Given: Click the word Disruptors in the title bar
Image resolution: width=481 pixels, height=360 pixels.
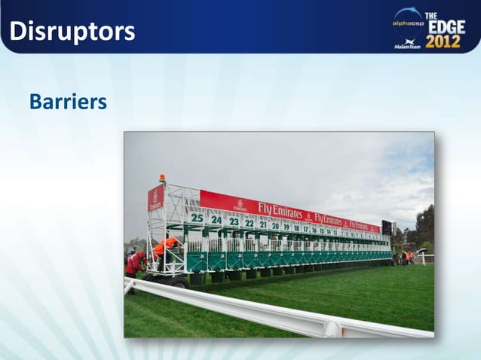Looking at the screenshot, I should [x=72, y=32].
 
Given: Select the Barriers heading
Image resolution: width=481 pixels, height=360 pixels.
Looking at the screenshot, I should [x=68, y=101].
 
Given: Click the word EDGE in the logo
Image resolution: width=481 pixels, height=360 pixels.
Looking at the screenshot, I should [x=447, y=26].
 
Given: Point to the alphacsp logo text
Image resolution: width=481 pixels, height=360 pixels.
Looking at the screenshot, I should [x=408, y=23].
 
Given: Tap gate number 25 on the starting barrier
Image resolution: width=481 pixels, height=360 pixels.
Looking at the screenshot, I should [x=196, y=218].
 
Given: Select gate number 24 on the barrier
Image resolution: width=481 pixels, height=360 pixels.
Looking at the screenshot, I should [x=216, y=220].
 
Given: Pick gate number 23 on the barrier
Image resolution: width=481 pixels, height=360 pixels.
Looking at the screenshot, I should [x=234, y=222].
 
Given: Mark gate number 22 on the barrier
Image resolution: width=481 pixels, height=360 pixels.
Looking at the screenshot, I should [x=249, y=223].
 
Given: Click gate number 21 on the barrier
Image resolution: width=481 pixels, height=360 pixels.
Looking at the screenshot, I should [x=262, y=224].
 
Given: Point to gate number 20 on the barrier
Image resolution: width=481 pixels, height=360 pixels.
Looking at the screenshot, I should [x=275, y=225].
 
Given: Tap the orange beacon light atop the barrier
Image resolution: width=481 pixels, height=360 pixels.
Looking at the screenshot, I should [x=161, y=178].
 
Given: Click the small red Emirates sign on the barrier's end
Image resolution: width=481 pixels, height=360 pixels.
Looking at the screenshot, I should [x=155, y=199].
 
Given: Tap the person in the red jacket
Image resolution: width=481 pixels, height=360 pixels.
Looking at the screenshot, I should [x=136, y=263].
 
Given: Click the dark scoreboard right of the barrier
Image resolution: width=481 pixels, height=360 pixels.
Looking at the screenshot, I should [x=387, y=227].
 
